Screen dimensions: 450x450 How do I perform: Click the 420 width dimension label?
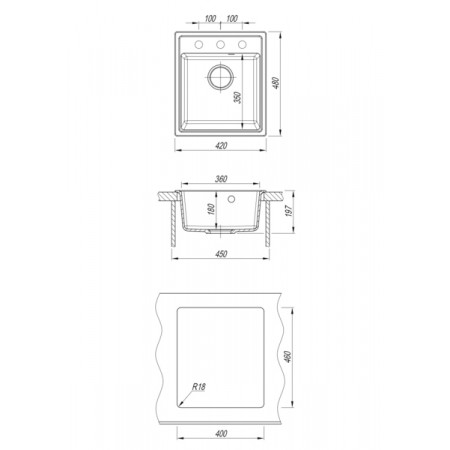point(221,145)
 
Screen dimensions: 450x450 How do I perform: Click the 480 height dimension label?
point(276,83)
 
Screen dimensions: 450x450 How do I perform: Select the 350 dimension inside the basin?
point(237,97)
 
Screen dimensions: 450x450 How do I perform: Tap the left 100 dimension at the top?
point(210,19)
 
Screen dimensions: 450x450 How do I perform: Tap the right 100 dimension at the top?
point(232,19)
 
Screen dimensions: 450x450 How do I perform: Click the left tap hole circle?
point(199,44)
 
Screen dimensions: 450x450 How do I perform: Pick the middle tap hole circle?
point(220,44)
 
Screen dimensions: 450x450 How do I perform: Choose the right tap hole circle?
point(242,44)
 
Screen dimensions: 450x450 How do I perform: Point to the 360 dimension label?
point(221,179)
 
